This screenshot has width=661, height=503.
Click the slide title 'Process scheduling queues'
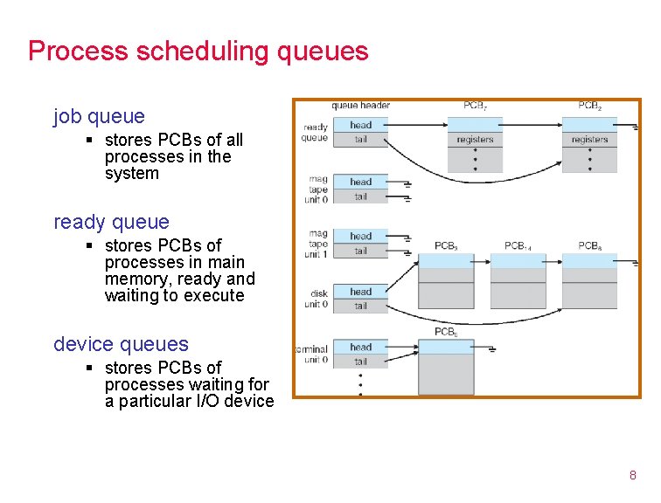[198, 52]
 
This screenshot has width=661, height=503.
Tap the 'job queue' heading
[99, 116]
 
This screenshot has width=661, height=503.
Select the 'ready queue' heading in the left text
[111, 222]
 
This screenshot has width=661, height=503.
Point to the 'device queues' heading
[121, 344]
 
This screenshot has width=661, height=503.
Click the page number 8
[632, 475]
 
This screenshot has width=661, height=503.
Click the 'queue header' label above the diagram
[360, 107]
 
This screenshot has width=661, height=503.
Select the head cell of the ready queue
[360, 125]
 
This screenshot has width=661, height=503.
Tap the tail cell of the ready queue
[360, 140]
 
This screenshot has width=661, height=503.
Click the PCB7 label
[476, 107]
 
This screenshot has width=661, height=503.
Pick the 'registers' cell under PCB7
[475, 140]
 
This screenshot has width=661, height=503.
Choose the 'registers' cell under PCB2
[589, 140]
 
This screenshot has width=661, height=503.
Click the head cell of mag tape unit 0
[360, 182]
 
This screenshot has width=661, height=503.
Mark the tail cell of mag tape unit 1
[360, 251]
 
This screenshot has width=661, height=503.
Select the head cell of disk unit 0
[360, 292]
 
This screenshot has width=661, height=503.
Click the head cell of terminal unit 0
[360, 347]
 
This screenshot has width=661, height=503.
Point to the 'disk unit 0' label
[316, 299]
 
